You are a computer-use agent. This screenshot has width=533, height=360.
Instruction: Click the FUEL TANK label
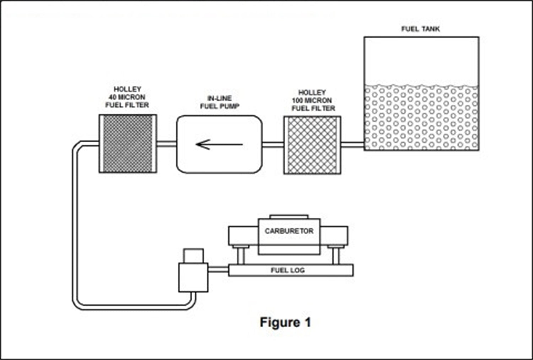(420, 29)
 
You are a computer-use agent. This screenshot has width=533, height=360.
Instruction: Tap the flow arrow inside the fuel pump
(219, 144)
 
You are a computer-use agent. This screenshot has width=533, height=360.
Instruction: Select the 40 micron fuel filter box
(128, 144)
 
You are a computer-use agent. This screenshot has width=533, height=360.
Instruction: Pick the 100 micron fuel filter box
(312, 145)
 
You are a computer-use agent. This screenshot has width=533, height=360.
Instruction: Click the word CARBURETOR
(289, 231)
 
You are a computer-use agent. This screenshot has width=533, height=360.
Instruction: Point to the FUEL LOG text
(288, 270)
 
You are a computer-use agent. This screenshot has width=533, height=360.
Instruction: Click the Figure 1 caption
(285, 322)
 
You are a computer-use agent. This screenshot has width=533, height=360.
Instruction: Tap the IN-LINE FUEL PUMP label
(220, 102)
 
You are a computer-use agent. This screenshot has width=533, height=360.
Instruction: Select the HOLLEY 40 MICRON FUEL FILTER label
(127, 97)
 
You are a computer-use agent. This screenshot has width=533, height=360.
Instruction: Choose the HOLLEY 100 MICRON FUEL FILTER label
(313, 100)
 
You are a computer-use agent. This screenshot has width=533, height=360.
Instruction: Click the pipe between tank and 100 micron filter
(352, 144)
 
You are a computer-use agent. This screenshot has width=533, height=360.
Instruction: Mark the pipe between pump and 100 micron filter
(273, 144)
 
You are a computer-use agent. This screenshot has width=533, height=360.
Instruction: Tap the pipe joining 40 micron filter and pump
(167, 144)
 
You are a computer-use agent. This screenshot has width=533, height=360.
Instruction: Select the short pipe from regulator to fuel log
(218, 270)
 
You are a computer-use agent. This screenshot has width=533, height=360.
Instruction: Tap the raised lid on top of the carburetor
(289, 217)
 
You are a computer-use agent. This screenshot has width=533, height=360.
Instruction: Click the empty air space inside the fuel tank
(421, 60)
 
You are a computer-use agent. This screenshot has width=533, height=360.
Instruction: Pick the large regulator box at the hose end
(193, 277)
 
